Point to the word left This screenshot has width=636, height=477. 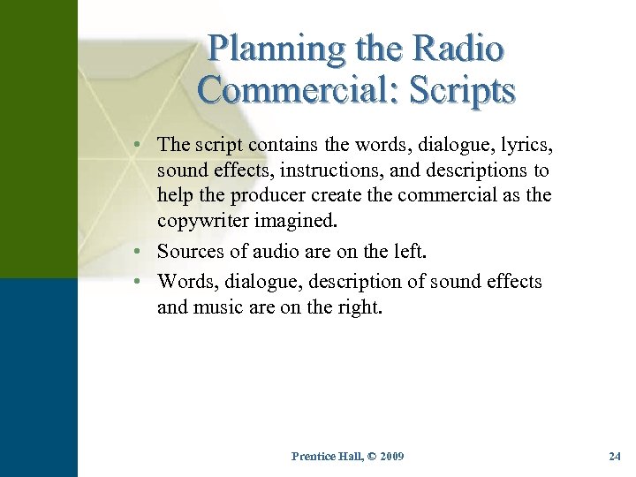pyautogui.click(x=405, y=251)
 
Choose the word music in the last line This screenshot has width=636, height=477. pyautogui.click(x=219, y=307)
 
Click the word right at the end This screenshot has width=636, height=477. pyautogui.click(x=360, y=307)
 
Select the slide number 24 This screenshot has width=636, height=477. pyautogui.click(x=615, y=456)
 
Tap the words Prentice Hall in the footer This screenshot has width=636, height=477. pyautogui.click(x=323, y=456)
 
